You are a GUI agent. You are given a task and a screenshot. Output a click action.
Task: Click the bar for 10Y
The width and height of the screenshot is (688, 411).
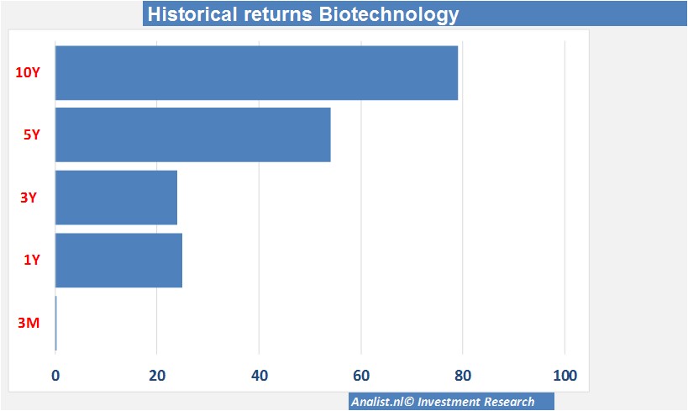[257, 73]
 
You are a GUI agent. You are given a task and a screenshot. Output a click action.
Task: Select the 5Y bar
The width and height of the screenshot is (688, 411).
[193, 134]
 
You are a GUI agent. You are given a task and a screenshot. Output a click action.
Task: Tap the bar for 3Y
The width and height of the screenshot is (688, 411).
[116, 198]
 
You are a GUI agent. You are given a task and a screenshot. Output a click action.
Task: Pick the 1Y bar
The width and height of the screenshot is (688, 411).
[119, 261]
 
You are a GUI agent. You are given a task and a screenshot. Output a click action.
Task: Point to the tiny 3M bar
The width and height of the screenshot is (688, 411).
[55, 324]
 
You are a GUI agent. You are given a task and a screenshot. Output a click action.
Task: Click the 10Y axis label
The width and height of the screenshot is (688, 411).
[28, 72]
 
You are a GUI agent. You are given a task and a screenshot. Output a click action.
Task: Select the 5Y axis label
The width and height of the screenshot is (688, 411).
[32, 134]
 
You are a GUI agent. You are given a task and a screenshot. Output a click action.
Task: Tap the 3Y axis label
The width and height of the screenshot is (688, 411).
[29, 198]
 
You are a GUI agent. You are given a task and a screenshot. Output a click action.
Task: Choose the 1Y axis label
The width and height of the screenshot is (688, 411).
[32, 260]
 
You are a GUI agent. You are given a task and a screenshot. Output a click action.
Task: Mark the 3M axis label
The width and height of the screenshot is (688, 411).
[29, 324]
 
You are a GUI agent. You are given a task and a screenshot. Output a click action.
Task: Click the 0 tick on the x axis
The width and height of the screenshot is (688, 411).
[55, 376]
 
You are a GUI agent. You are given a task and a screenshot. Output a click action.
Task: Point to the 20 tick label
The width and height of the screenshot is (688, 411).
[157, 376]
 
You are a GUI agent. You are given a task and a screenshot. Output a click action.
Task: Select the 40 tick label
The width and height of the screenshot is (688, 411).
[260, 376]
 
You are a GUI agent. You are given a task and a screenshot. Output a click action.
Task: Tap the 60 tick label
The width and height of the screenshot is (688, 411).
[361, 376]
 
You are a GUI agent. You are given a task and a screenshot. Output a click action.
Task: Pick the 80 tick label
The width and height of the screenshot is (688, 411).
[463, 376]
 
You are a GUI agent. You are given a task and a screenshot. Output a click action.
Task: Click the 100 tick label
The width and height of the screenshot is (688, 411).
[565, 376]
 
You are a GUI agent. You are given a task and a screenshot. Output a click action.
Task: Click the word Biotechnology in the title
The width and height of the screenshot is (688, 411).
[389, 14]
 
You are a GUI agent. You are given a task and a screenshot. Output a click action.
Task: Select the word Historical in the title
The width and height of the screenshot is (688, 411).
[192, 14]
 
